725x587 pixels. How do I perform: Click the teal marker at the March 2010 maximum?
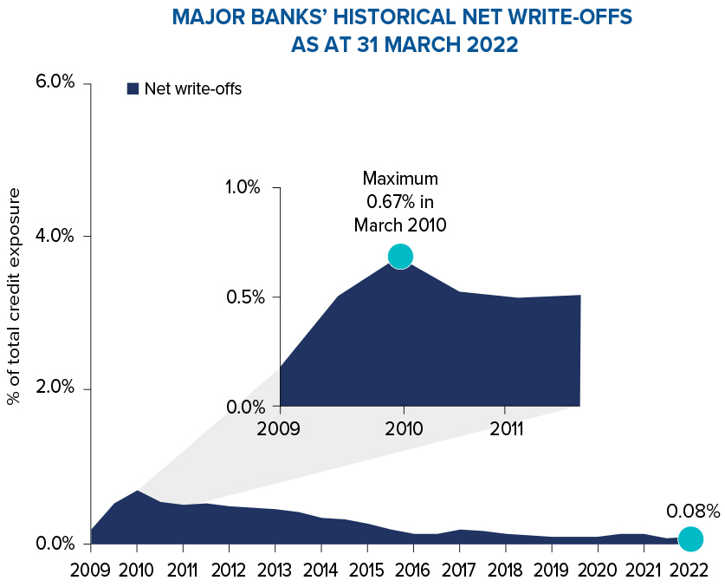click(400, 256)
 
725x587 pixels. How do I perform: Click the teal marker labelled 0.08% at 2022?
click(690, 538)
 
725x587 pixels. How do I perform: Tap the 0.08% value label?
click(693, 511)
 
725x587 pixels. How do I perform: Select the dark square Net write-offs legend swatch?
click(133, 88)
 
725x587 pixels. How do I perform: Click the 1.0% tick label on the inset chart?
click(243, 187)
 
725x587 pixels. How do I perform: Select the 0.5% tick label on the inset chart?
click(243, 297)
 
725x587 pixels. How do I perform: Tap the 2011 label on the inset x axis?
click(505, 428)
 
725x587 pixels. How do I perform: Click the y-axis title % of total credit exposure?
click(14, 297)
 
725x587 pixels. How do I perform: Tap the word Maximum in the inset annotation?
click(400, 179)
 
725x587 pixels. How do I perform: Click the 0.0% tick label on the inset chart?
click(243, 406)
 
